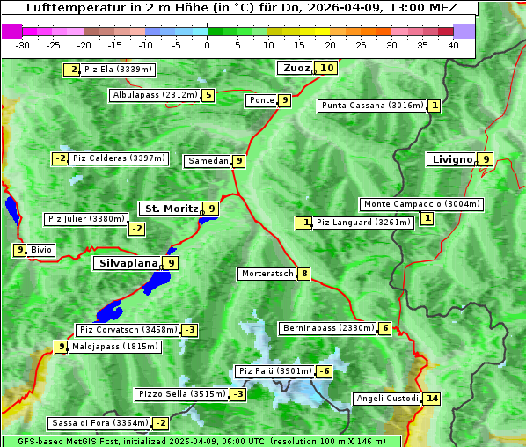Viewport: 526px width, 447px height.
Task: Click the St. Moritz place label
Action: [x=171, y=209]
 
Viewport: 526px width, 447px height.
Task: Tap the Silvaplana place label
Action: [x=128, y=262]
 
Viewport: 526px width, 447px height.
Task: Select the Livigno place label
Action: [x=451, y=159]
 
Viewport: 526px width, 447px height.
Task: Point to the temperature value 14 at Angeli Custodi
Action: [x=431, y=399]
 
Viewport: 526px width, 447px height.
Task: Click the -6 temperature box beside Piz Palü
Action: [x=325, y=371]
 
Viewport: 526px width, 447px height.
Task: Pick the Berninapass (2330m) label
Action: [x=328, y=328]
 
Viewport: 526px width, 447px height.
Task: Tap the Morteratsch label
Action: [x=267, y=274]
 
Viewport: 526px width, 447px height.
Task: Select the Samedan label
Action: [x=208, y=161]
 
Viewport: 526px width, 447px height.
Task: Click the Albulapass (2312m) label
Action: [x=155, y=95]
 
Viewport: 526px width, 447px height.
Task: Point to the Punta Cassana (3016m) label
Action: [x=372, y=106]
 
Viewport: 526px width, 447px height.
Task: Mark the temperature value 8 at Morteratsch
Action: [x=304, y=274]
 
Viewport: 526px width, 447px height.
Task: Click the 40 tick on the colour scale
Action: [x=453, y=45]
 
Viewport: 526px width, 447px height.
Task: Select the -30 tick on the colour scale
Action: [x=23, y=45]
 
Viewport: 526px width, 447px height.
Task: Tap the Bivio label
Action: [x=41, y=250]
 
